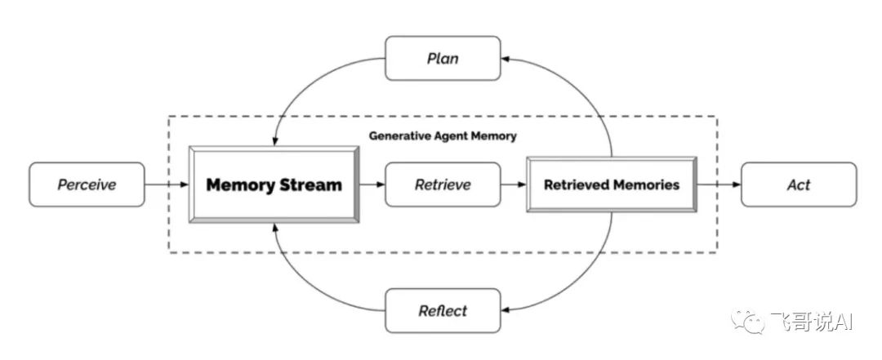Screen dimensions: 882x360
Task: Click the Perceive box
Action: click(87, 184)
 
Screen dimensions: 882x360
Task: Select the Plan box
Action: click(443, 59)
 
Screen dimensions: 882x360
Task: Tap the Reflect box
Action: click(443, 310)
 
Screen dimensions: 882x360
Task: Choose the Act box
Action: click(799, 184)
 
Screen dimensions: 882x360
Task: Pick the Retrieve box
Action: click(443, 184)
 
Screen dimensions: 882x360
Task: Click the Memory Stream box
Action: click(274, 184)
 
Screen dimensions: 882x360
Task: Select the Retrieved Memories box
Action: click(612, 184)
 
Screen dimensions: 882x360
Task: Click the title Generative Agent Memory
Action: click(443, 136)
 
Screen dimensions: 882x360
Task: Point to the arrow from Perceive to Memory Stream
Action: click(167, 184)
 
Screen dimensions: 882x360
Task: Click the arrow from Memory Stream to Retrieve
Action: click(372, 184)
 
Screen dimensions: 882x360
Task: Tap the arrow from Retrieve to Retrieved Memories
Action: click(514, 184)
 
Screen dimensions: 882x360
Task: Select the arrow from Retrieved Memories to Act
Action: click(719, 184)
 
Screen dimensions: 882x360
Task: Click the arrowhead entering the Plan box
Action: click(506, 59)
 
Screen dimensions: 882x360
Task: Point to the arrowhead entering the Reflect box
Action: click(506, 310)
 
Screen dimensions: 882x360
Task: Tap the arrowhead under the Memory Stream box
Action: click(274, 227)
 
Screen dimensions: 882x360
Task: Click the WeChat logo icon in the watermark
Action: click(747, 321)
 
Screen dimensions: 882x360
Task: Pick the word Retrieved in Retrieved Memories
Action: click(572, 184)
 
